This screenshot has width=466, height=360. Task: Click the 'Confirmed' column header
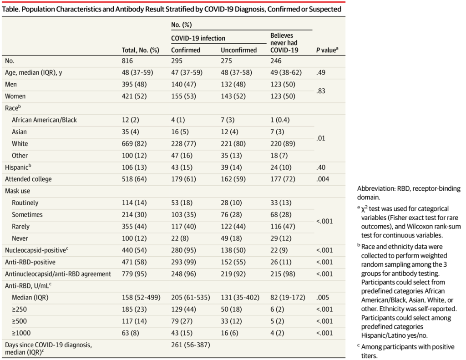[x=186, y=50]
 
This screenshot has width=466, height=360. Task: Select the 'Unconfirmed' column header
[x=238, y=50]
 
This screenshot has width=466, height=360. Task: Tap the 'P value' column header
[x=327, y=50]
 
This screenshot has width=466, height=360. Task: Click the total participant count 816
[x=127, y=61]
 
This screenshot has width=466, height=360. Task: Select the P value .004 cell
[x=323, y=179]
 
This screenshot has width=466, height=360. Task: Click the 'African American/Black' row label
[x=44, y=120]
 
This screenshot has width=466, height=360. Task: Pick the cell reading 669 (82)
[x=134, y=143]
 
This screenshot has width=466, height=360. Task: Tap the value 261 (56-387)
[x=191, y=345]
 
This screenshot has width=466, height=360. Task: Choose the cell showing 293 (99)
[x=184, y=262]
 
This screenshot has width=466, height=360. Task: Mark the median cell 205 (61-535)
[x=191, y=297]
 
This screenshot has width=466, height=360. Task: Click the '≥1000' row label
[x=21, y=333]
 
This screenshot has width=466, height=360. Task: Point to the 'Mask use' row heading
[x=18, y=191]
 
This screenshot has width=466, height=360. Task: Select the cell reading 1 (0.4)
[x=280, y=120]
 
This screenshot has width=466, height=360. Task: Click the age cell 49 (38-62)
[x=286, y=72]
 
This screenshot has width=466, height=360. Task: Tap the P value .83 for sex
[x=321, y=91]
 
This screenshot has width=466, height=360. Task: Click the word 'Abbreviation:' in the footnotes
[x=376, y=188]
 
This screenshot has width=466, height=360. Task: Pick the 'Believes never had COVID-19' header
[x=284, y=43]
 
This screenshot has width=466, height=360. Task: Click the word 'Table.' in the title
[x=11, y=9]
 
